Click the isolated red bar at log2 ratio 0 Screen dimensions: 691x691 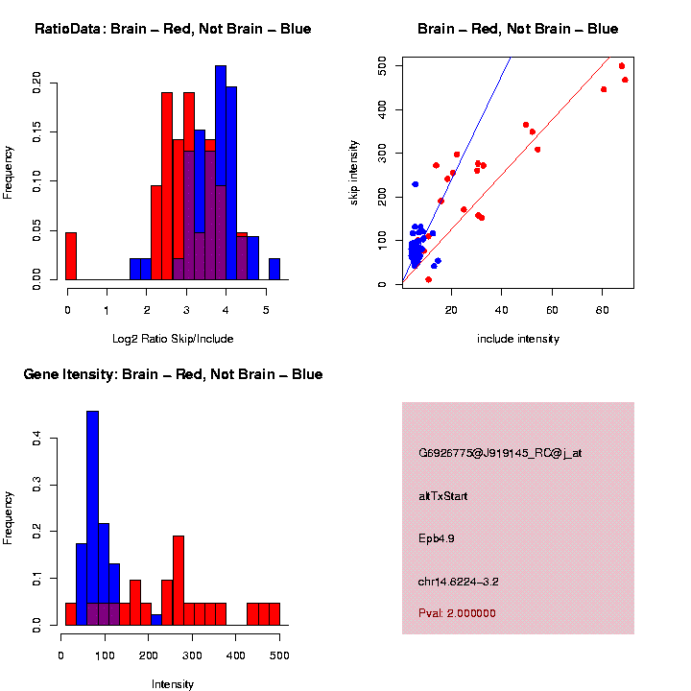(x=71, y=256)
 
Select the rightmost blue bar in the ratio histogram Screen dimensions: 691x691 (x=274, y=270)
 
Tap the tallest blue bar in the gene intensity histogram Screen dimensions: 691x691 (x=92, y=518)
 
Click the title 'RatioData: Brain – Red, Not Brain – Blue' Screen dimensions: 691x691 (x=173, y=29)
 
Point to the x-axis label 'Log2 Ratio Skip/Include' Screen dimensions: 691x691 (x=173, y=338)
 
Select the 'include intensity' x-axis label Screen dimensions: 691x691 (x=517, y=338)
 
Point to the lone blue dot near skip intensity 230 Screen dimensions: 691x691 (x=415, y=184)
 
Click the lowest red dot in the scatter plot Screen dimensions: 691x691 (x=428, y=279)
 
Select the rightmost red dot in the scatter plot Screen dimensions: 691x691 (x=625, y=80)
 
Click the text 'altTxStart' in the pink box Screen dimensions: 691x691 (x=443, y=496)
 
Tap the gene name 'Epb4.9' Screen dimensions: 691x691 (x=437, y=538)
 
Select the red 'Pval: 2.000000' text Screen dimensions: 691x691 (x=458, y=613)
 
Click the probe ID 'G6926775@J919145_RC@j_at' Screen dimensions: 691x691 (x=500, y=453)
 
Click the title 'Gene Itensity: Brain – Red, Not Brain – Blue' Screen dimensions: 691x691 (x=173, y=374)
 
